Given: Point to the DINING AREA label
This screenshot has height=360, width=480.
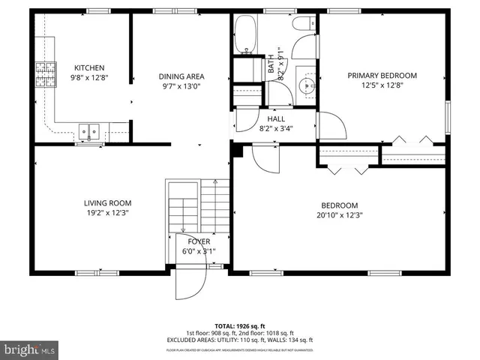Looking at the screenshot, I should tap(181, 76).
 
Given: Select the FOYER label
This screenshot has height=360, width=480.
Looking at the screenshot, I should tap(199, 241).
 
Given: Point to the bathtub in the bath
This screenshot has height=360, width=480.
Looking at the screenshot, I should tap(244, 33).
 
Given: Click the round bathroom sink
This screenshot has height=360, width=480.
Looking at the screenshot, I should tap(307, 85).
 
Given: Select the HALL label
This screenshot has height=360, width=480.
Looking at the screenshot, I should tap(275, 118).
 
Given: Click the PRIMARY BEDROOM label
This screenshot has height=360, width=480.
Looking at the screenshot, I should tap(382, 76).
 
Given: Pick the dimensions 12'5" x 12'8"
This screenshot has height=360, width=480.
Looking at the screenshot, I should tap(382, 86).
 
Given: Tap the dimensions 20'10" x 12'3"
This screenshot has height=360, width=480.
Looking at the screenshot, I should tap(339, 216).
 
